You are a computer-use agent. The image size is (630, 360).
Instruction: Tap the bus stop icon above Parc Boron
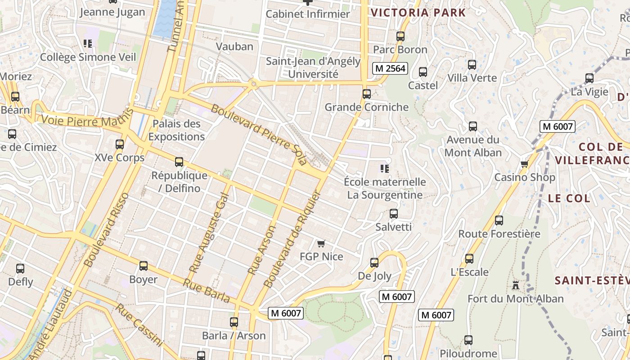tap(400, 36)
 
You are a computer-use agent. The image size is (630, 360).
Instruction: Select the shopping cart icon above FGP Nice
tap(321, 243)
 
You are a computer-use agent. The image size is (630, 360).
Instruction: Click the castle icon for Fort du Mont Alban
tap(516, 285)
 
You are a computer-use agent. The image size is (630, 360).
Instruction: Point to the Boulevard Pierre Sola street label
tap(258, 134)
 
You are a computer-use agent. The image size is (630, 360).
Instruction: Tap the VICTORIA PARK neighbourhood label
tap(418, 13)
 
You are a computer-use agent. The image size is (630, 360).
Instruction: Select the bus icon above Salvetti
tap(394, 213)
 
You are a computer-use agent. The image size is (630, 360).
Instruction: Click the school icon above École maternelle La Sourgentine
tap(384, 169)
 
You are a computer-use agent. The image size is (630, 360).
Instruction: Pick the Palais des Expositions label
tap(176, 130)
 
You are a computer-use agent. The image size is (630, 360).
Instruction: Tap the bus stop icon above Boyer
tap(144, 266)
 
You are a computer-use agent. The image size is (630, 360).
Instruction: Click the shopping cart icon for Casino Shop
tap(524, 164)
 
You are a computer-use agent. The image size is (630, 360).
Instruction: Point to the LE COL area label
tap(569, 198)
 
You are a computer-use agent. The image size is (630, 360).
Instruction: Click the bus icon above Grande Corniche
tap(367, 94)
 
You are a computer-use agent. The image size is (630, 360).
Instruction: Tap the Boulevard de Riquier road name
tap(292, 239)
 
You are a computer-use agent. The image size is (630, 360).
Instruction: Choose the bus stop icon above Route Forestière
tap(499, 220)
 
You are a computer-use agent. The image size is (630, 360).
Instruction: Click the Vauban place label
tap(234, 46)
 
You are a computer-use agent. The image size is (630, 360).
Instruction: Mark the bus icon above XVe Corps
tap(120, 144)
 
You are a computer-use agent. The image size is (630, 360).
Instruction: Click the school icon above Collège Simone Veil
tap(88, 44)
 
